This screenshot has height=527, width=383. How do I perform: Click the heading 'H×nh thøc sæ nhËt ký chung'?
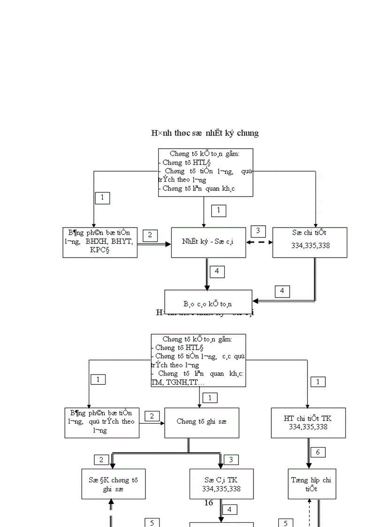coord(205,133)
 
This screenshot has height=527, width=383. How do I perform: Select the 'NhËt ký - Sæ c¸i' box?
coord(208,242)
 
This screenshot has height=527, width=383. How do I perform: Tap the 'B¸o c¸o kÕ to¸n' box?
coord(208,304)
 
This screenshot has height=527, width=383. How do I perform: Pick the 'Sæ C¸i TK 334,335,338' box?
coord(221,484)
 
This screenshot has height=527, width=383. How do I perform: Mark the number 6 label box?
coord(318,452)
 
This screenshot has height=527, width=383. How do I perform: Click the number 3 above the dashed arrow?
coord(258,231)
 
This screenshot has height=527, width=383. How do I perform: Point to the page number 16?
coord(209,503)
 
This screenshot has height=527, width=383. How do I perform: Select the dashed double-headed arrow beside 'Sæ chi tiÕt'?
coord(259,243)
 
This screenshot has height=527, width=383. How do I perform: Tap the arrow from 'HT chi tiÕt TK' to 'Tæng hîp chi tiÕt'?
coord(309,453)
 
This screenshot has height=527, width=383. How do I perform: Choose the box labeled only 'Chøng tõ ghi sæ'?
coord(202,421)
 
